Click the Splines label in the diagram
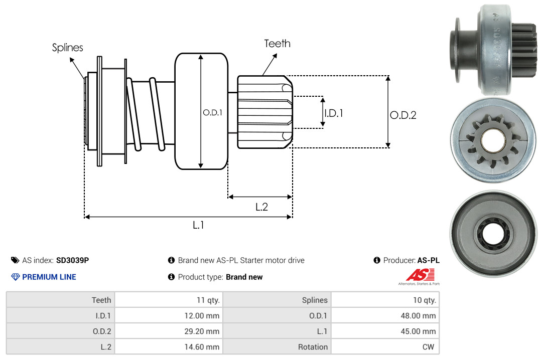(67, 48)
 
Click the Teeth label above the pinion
(277, 44)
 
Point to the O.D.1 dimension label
(212, 113)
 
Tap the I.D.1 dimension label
(334, 113)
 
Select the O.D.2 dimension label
(403, 115)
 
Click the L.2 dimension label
(261, 207)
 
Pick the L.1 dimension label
(198, 225)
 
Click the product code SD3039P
(73, 260)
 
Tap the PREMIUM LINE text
(49, 277)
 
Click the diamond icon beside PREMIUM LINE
(16, 277)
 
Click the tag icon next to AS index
(16, 260)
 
